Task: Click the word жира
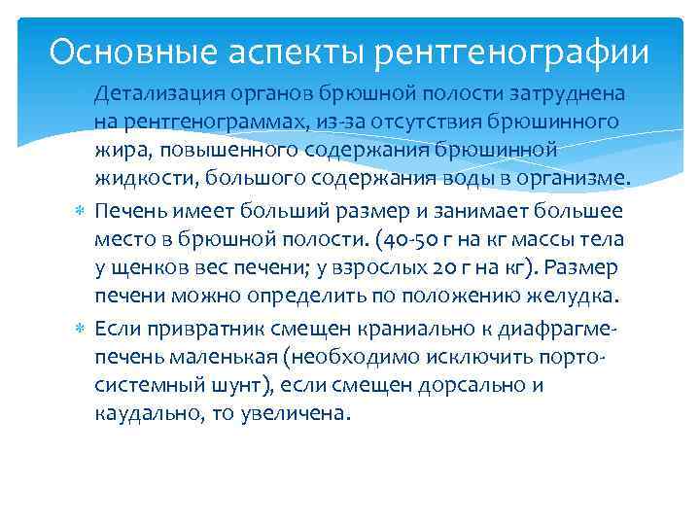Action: (115, 152)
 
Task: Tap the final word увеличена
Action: (295, 413)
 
